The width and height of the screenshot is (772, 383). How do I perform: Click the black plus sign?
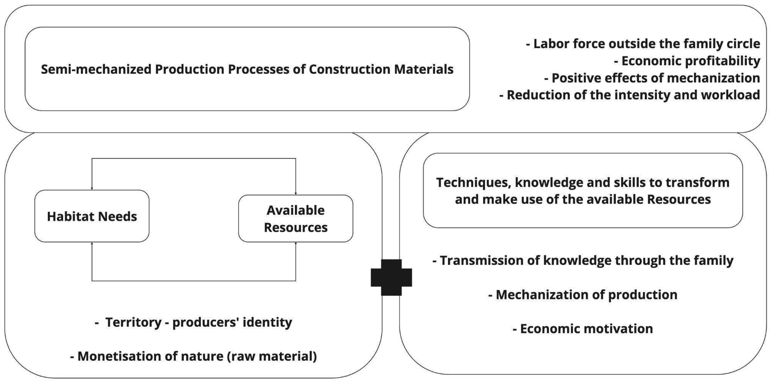[391, 277]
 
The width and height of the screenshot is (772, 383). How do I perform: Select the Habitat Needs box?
[92, 216]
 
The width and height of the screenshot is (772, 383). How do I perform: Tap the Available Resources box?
[295, 219]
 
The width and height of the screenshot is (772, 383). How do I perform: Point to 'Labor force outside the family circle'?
[643, 44]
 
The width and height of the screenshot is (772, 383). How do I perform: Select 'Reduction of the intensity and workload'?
[629, 95]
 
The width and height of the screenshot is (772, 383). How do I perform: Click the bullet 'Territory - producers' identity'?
[193, 322]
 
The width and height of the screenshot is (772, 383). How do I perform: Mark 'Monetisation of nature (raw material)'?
[193, 356]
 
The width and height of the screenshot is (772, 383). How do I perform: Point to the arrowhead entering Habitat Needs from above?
[92, 188]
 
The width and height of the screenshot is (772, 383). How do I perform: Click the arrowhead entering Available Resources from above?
[296, 193]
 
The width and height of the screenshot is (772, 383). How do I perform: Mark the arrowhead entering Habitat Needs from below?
[92, 243]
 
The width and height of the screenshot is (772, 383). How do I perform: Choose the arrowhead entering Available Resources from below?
[296, 243]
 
